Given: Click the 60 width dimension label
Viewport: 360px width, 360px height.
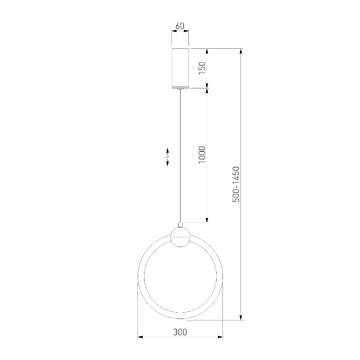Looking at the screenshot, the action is click(180, 26).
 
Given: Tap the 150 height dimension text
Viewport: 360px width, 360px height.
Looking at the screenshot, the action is click(202, 68).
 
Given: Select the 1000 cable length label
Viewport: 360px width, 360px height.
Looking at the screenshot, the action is click(202, 154).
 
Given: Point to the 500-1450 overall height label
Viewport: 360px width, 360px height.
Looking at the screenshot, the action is click(236, 184).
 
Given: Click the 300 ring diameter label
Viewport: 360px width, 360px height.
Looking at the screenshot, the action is click(180, 332).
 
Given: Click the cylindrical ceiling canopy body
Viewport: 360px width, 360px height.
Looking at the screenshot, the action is click(180, 68).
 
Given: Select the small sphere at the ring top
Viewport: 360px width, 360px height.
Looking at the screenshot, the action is click(180, 237).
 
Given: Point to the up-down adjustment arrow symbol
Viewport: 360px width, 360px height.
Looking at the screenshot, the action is click(168, 157).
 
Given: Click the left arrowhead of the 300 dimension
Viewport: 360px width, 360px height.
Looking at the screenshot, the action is click(140, 337).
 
